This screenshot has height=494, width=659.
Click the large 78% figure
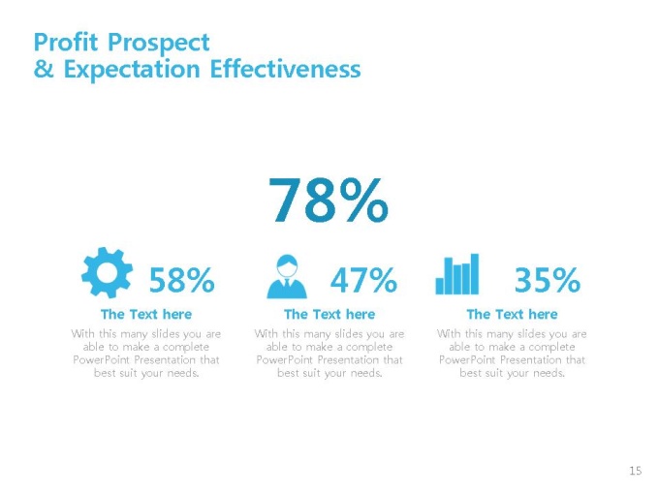[x=329, y=200]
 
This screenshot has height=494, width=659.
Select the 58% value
[x=182, y=280]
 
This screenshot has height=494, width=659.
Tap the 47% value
[x=363, y=280]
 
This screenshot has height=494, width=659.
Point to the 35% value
[x=548, y=280]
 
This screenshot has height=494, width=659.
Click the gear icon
[x=107, y=272]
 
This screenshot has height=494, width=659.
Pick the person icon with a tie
[x=287, y=276]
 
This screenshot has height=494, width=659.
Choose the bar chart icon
[x=457, y=274]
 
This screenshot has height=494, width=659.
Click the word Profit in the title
[x=66, y=42]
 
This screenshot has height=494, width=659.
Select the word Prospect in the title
[x=158, y=44]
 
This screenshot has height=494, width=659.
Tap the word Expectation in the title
[x=132, y=70]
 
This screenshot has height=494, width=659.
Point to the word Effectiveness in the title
[x=285, y=69]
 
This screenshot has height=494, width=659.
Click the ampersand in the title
[x=44, y=69]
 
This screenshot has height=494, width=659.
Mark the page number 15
[x=636, y=471]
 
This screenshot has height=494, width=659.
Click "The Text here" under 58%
[x=146, y=314]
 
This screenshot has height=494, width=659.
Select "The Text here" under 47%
[x=329, y=314]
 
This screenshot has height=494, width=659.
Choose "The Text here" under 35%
[x=513, y=314]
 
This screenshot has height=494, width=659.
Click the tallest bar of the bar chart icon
[x=475, y=274]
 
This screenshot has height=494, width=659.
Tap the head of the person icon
[x=287, y=266]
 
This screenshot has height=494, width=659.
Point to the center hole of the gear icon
[x=107, y=272]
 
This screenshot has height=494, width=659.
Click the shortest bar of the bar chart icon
[x=440, y=286]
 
